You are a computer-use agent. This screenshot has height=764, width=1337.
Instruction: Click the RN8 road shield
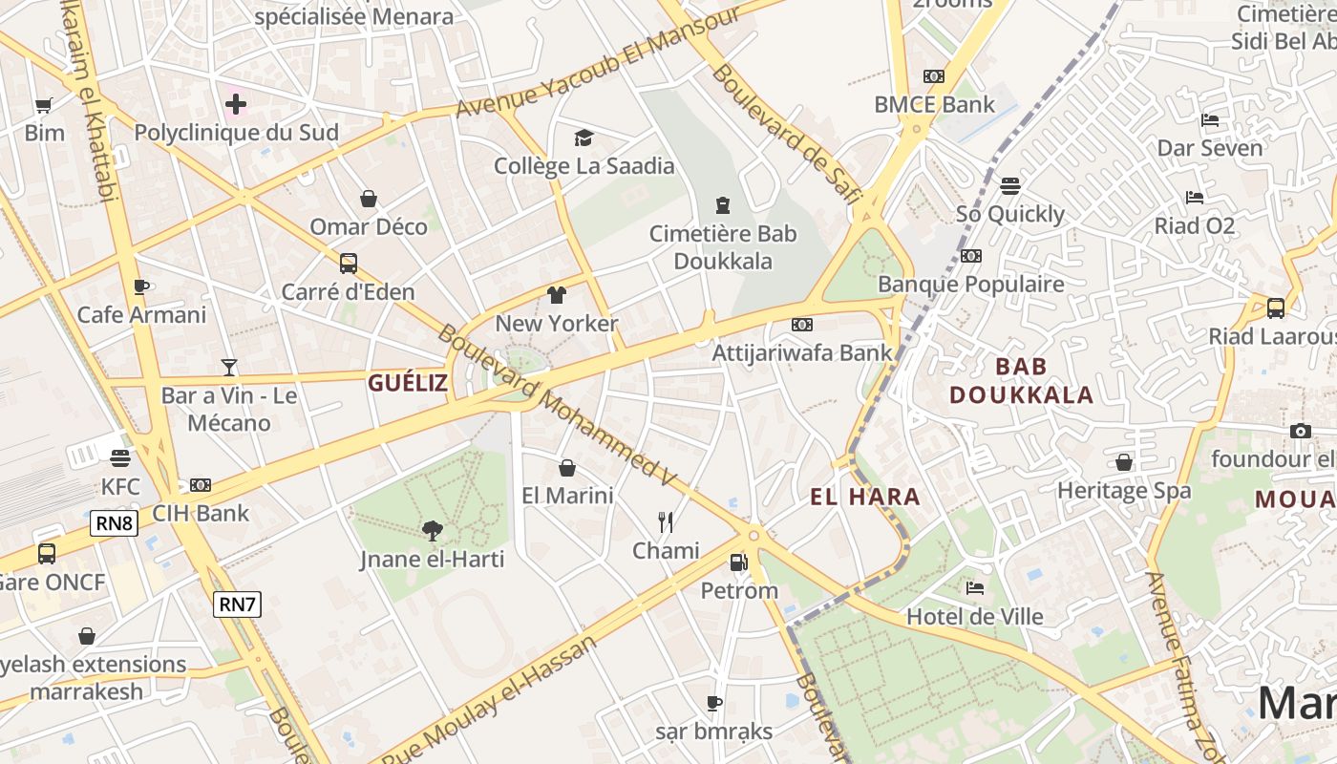[x=115, y=522]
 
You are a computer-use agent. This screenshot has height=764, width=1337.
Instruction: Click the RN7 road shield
[x=237, y=604]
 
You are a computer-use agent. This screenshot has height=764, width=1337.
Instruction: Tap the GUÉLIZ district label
[x=408, y=383]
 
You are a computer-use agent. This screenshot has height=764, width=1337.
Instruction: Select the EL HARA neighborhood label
[x=865, y=497]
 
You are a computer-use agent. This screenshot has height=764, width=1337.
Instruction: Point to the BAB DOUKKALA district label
[x=1021, y=380]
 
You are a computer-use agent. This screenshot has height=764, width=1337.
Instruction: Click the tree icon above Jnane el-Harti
[x=432, y=531]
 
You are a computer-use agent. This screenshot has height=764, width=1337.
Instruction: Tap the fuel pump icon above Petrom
[x=738, y=562]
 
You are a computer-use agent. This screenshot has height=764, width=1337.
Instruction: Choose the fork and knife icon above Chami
[x=666, y=521]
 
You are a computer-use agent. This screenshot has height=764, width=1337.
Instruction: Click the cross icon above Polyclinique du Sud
[x=236, y=103]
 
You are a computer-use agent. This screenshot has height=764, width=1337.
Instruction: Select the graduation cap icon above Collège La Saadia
[x=584, y=138]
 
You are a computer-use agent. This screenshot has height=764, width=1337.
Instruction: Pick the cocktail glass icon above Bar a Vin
[x=229, y=367]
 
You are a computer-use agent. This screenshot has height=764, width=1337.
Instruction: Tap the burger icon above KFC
[x=119, y=458]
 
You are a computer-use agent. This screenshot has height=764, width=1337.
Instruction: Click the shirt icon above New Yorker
[x=557, y=295]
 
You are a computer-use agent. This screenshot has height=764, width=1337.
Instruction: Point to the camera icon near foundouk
[x=1300, y=431]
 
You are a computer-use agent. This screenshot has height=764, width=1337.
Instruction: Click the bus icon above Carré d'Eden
[x=348, y=263]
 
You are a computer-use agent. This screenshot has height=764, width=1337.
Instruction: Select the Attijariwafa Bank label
[x=802, y=352]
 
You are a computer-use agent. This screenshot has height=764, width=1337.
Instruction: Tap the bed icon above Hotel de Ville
[x=974, y=587]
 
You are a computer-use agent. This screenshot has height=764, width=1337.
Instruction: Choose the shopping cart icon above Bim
[x=43, y=105]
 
